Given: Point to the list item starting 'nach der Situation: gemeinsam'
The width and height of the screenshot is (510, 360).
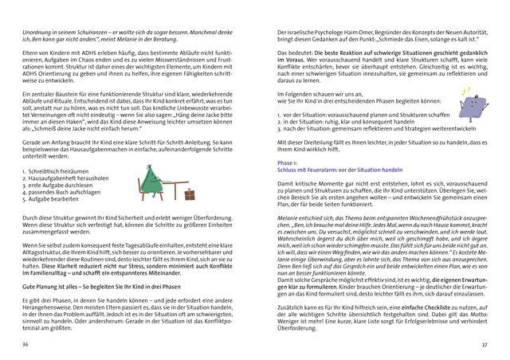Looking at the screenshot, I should point(370,129).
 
